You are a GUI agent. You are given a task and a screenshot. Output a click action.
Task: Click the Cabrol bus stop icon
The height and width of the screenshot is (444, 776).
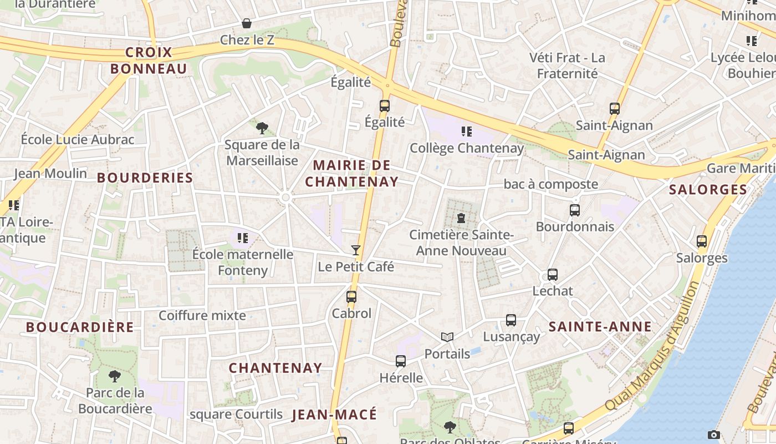coord(351,297)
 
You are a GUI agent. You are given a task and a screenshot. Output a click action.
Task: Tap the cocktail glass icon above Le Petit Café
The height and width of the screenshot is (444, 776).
coord(356,250)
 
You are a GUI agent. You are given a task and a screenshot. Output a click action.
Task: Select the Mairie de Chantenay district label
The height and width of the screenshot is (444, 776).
coord(352,173)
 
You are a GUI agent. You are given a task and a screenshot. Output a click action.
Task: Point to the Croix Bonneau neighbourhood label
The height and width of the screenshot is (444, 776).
coord(149,60)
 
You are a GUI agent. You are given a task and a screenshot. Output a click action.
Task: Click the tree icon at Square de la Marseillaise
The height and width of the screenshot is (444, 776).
coord(262,128)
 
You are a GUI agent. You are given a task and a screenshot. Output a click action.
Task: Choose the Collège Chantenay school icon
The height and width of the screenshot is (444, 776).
coord(467,132)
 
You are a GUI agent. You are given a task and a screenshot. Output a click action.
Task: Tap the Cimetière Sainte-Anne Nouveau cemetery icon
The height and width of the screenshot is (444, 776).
coord(461,218)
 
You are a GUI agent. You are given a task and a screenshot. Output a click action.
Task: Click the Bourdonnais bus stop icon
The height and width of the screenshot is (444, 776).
coord(575,210)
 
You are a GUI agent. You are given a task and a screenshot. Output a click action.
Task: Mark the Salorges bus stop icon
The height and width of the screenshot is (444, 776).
coord(702,241)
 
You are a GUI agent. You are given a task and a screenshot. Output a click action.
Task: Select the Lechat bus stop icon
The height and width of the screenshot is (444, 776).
coord(553,275)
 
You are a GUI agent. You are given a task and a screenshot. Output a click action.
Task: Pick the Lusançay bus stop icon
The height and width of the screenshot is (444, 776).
coord(511,320)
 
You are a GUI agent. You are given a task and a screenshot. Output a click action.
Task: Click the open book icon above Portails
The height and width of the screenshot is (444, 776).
coord(447,337)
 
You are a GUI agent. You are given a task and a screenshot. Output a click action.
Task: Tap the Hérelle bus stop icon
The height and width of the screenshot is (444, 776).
coord(401,361)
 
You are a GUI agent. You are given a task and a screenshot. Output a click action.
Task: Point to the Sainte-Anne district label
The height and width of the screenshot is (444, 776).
coord(600,327)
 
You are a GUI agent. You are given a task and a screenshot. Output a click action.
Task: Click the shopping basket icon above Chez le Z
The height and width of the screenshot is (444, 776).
coord(247,23)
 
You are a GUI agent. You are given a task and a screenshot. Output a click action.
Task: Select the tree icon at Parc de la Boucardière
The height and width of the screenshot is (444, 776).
coord(115,376)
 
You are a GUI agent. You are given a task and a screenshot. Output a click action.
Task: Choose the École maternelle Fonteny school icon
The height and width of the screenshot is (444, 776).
coord(242,238)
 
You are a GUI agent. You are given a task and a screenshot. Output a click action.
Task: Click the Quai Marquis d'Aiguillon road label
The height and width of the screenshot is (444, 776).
coord(652,347)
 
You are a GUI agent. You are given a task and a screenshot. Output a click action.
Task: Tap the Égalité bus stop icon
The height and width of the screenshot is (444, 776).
coord(385,106)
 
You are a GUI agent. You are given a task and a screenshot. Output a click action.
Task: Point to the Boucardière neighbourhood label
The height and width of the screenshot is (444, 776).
coord(80,327)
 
